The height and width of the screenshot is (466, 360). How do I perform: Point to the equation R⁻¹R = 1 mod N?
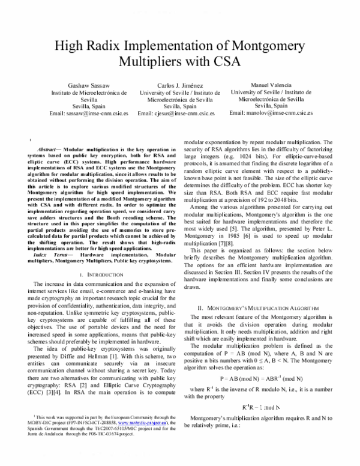[263, 407]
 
